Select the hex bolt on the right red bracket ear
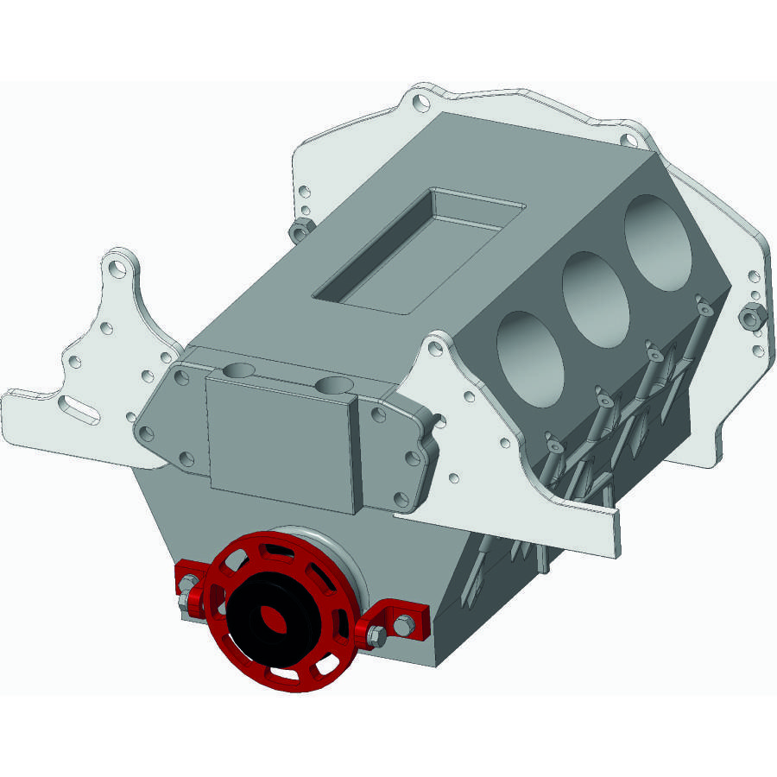[376, 637]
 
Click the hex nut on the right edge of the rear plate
[750, 317]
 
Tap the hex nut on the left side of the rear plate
[300, 230]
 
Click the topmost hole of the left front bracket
[118, 264]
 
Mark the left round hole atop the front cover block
[238, 371]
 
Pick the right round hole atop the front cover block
[331, 385]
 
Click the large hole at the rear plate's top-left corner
[420, 104]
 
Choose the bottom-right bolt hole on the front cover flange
[400, 498]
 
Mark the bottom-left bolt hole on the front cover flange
[186, 458]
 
